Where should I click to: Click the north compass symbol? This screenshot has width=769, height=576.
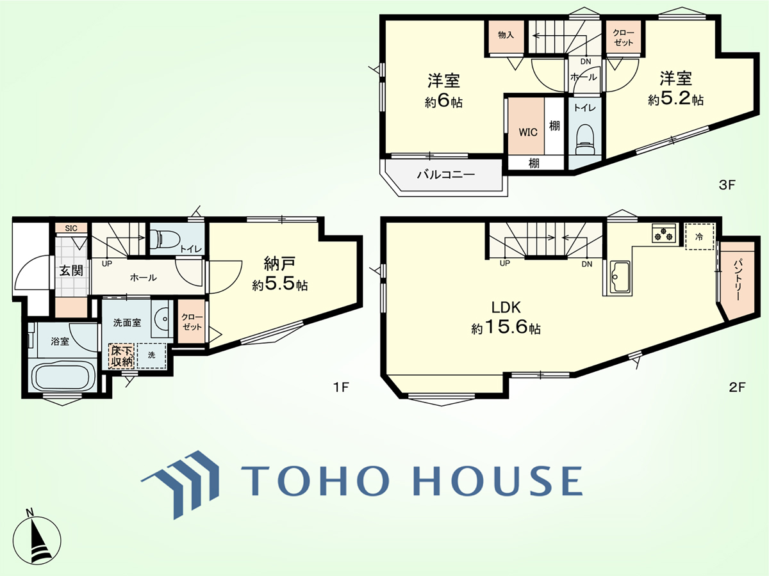[37, 539]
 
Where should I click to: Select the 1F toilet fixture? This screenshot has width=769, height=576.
[165, 239]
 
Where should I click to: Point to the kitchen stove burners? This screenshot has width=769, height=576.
[664, 233]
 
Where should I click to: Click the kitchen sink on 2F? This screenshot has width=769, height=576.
[620, 278]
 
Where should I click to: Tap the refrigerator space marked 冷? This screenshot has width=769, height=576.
[699, 237]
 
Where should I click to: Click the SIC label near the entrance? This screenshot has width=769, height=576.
[71, 228]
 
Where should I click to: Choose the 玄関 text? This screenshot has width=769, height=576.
[71, 271]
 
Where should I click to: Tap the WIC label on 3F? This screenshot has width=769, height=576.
[528, 132]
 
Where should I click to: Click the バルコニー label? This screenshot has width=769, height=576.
[445, 174]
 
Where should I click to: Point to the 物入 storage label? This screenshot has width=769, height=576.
[506, 35]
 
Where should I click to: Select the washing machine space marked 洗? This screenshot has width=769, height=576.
[151, 355]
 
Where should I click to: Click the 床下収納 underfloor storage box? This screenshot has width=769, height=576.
[122, 356]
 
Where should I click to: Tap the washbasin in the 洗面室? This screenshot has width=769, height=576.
[163, 319]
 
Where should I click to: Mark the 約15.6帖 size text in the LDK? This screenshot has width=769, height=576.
[506, 328]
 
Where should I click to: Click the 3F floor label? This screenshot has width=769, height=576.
[727, 185]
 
